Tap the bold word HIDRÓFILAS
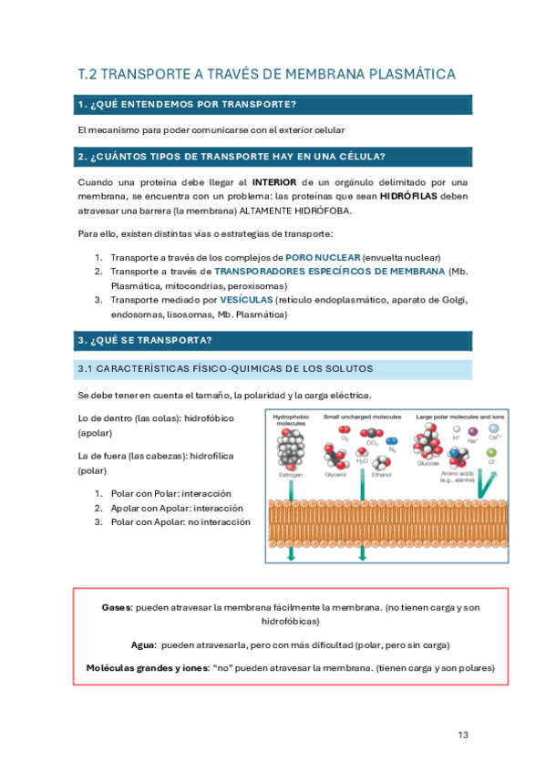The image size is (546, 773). click(x=408, y=196)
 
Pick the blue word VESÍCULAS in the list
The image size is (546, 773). click(x=245, y=299)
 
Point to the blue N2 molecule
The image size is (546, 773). click(x=391, y=440)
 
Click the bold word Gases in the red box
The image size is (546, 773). click(x=117, y=606)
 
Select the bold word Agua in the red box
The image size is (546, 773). click(x=142, y=644)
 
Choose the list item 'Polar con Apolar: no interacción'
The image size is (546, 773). click(x=180, y=522)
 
